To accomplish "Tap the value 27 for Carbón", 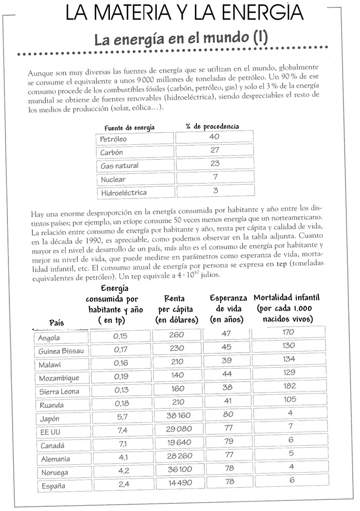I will coord(215,151).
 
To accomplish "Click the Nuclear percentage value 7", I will coord(215,177).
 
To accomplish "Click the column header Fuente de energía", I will coord(129,127).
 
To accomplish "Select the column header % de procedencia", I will coord(212,126).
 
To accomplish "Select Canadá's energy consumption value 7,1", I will coord(121,443).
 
